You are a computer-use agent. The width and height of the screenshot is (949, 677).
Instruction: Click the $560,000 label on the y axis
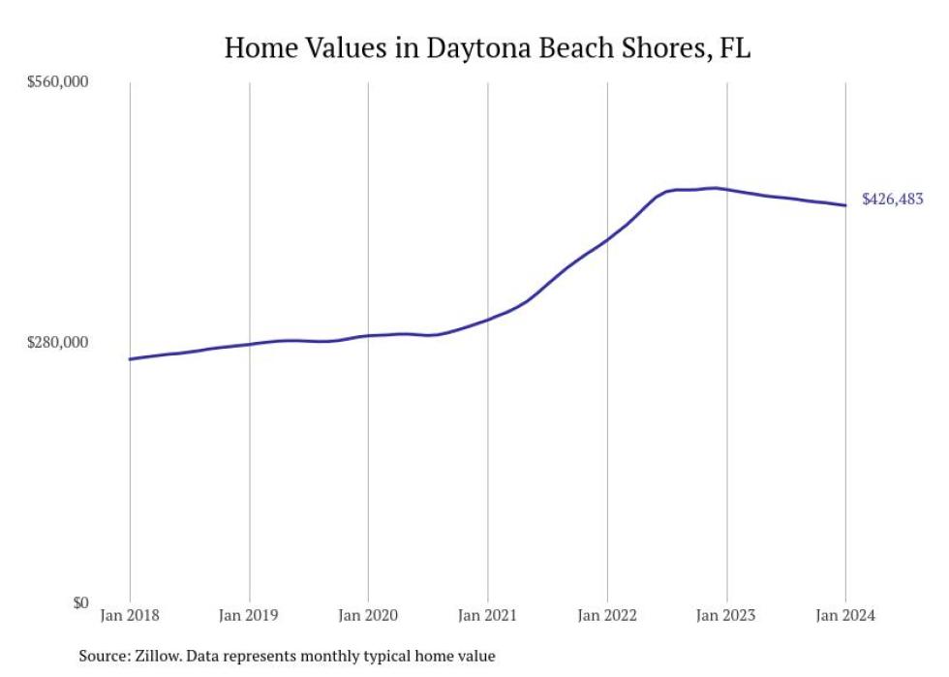point(57,83)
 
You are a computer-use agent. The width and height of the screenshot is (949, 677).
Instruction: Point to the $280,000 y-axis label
point(57,343)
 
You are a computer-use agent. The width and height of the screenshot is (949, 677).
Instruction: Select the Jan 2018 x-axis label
point(130,615)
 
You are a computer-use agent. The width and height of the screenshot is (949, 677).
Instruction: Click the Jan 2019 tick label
point(249,615)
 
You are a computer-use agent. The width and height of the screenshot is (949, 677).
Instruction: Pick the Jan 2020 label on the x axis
point(368,615)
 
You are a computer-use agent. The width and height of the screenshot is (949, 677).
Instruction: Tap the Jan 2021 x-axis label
point(487,615)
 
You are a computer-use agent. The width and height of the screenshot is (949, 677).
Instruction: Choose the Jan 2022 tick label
point(607,615)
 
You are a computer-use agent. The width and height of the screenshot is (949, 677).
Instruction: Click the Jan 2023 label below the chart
point(726,615)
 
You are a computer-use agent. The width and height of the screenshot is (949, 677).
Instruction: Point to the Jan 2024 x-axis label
point(845,615)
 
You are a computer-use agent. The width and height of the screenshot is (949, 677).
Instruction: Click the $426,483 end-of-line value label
point(892,200)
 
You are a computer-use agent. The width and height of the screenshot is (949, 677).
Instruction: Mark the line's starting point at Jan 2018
point(130,359)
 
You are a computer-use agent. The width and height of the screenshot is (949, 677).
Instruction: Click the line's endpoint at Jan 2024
point(845,205)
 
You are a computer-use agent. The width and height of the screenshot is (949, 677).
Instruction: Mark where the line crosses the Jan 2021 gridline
point(487,319)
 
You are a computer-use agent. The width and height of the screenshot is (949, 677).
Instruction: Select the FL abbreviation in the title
point(735,47)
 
